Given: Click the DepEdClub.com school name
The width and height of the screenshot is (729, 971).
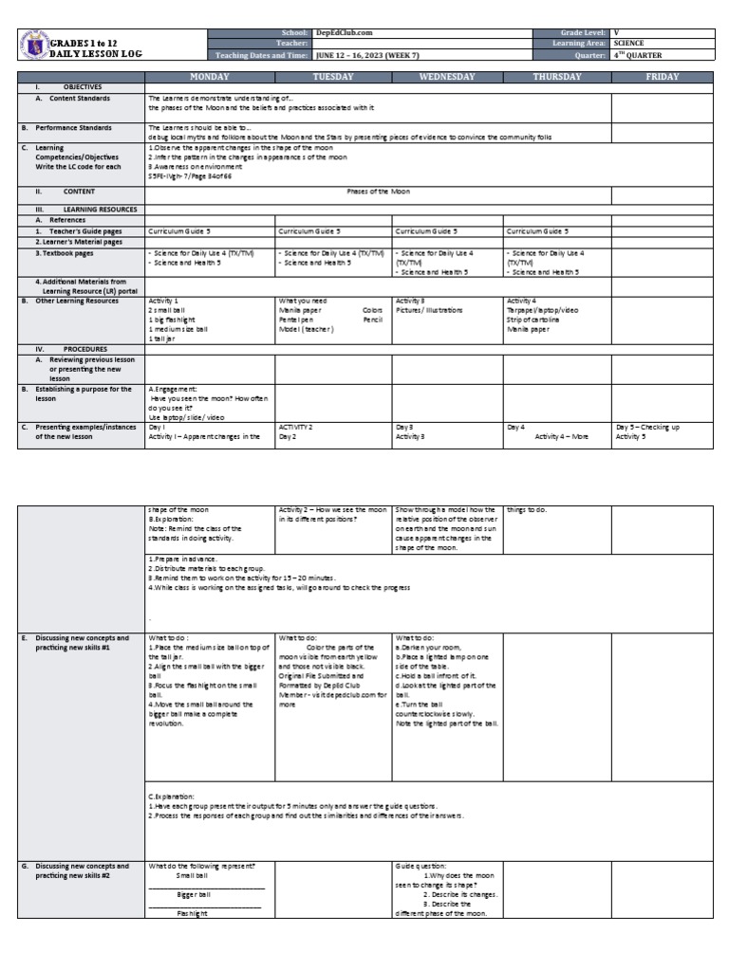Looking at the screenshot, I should click(x=341, y=32).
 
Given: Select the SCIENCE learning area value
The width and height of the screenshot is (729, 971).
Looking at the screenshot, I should click(x=630, y=44).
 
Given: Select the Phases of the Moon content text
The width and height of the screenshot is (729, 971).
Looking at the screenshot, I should click(x=378, y=191).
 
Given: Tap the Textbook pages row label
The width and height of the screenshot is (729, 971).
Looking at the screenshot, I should click(x=65, y=253).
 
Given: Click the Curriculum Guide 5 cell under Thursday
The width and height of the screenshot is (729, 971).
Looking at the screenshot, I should click(x=537, y=230).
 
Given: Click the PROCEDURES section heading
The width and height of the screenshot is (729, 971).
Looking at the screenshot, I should click(x=85, y=349).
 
